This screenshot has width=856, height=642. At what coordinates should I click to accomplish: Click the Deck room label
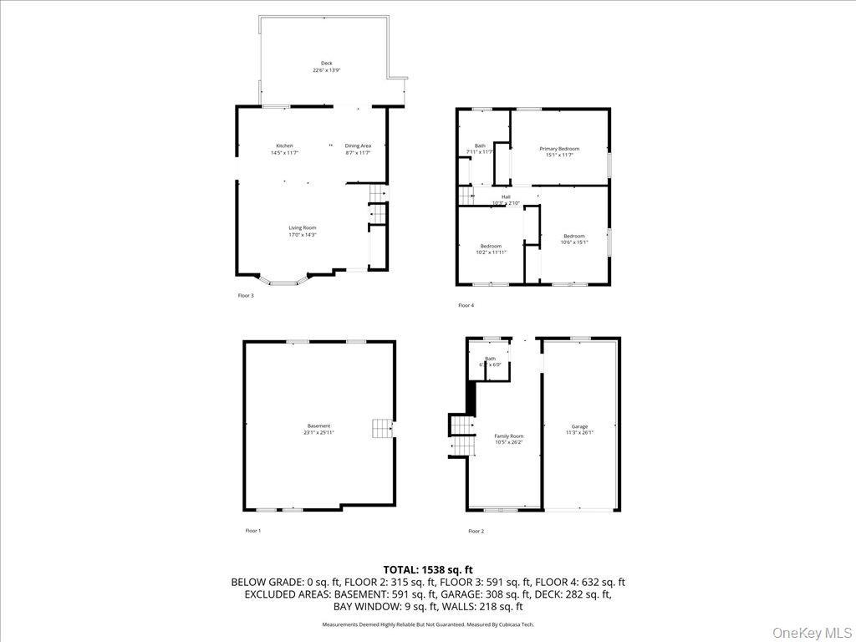tap(326, 67)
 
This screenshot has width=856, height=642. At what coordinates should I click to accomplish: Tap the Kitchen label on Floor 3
tap(284, 150)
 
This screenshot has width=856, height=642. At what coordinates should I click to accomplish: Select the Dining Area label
tap(358, 150)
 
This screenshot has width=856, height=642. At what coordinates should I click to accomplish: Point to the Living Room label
tap(303, 231)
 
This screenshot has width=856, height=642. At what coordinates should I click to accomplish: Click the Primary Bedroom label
tap(559, 151)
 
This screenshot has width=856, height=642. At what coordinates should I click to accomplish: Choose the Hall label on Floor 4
tap(506, 199)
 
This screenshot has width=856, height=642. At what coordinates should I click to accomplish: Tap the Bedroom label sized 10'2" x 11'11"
tap(491, 248)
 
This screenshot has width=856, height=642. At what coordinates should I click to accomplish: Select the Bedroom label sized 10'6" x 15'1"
tap(573, 239)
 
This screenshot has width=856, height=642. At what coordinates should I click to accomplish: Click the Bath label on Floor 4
tap(480, 149)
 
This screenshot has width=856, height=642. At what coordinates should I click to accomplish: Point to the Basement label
tap(318, 429)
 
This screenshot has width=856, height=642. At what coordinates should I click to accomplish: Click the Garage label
tap(579, 429)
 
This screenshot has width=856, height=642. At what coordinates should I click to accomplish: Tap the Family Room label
tap(508, 439)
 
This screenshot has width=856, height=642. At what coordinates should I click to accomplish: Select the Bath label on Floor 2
tap(490, 361)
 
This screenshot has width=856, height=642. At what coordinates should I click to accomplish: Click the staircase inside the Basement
tap(383, 429)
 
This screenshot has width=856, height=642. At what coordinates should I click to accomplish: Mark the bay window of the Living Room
tap(283, 281)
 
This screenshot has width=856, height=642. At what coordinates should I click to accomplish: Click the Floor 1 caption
tap(252, 531)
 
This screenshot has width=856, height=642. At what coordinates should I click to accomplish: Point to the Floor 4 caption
tap(466, 305)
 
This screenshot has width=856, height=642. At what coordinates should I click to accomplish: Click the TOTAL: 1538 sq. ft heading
tap(427, 569)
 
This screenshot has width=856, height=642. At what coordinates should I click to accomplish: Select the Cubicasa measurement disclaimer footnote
tap(427, 624)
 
